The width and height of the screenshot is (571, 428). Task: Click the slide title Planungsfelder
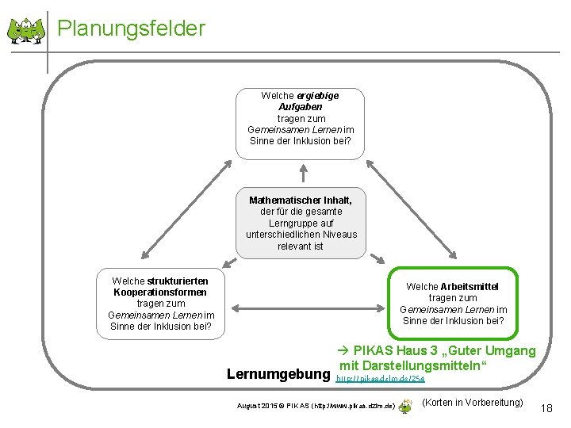click(x=132, y=29)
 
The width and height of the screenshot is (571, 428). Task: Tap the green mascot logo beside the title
click(x=25, y=31)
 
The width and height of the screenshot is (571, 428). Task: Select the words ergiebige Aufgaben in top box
click(x=301, y=101)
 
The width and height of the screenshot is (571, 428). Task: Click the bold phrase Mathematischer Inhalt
click(x=301, y=201)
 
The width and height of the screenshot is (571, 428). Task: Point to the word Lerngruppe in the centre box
click(x=301, y=224)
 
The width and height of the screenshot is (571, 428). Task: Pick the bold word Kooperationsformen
click(x=160, y=292)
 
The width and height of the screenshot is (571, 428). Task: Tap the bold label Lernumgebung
click(x=277, y=373)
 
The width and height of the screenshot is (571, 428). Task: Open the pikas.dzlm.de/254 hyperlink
click(x=380, y=380)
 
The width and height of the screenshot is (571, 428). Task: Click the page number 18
click(x=546, y=407)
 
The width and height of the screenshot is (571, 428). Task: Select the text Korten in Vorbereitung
click(x=473, y=403)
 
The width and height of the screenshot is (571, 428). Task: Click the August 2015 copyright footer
click(x=314, y=406)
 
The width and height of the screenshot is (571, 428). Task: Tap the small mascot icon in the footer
click(x=404, y=406)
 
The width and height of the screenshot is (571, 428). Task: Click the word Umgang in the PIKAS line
click(x=508, y=351)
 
